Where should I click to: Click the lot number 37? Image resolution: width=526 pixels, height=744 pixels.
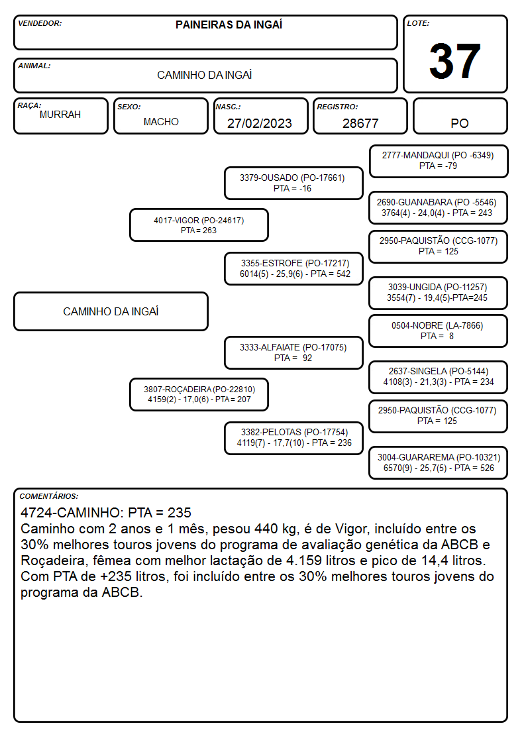(x=455, y=61)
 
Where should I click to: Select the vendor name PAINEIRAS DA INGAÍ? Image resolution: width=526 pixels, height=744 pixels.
(x=229, y=25)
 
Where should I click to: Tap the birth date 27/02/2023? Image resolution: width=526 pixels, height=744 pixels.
(x=260, y=123)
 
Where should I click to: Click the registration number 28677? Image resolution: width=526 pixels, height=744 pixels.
(x=360, y=123)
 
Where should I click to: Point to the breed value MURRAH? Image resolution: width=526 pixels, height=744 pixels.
(x=60, y=115)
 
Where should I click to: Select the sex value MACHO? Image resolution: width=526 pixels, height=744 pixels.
(x=161, y=122)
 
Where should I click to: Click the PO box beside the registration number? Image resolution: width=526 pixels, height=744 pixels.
(x=460, y=116)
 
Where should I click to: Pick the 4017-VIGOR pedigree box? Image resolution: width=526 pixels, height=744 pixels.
(x=199, y=225)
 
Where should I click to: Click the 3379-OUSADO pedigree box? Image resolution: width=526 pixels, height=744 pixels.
(x=293, y=183)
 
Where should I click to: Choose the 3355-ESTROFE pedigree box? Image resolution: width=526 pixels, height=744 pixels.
(x=293, y=268)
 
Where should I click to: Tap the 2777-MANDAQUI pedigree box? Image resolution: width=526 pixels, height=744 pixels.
(x=439, y=162)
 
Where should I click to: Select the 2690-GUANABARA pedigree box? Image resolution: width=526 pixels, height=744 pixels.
(x=439, y=208)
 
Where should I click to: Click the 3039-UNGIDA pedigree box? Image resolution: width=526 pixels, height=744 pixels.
(x=439, y=293)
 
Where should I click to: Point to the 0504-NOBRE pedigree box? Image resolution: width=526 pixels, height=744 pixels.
(x=439, y=331)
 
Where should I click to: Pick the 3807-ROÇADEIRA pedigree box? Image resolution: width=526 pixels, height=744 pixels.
(x=199, y=394)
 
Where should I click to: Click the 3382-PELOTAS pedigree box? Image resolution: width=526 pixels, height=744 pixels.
(x=293, y=438)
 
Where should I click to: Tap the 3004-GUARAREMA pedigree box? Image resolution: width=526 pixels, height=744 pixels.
(x=439, y=462)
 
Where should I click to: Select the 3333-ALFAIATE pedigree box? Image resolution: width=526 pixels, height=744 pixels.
(x=293, y=352)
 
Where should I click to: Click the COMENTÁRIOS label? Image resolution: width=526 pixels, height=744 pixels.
(x=49, y=496)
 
